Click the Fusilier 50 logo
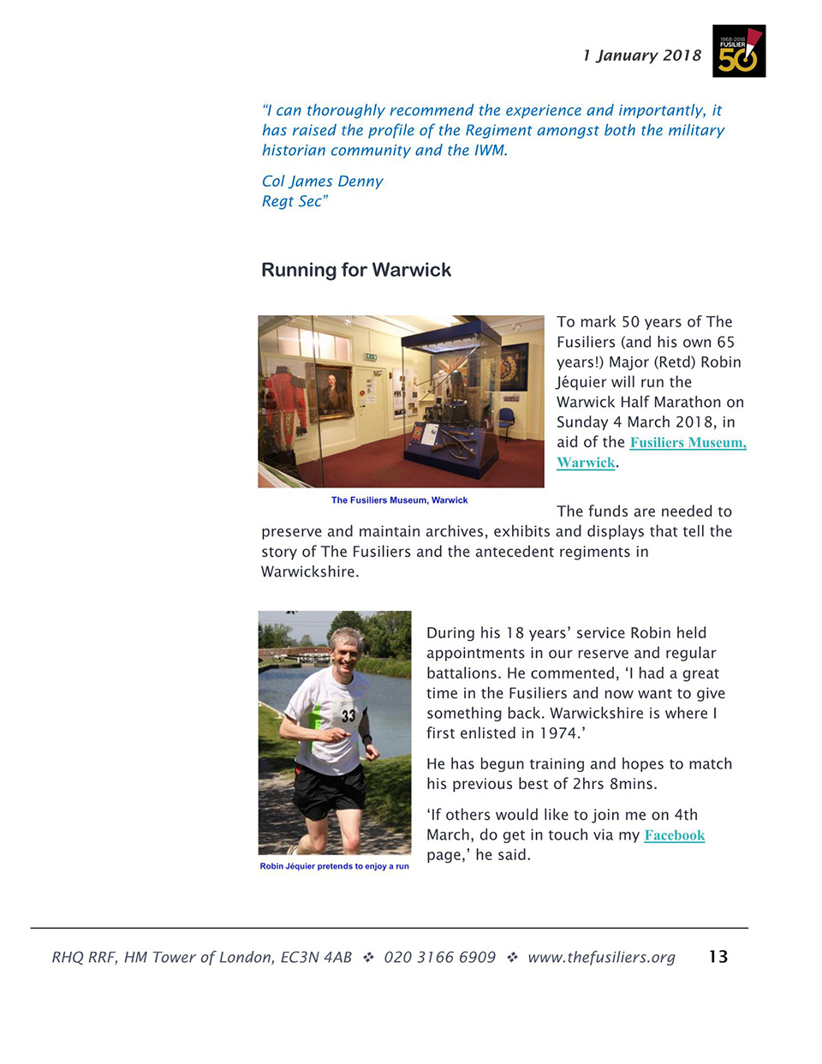point(738,51)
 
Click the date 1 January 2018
point(641,56)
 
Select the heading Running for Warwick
point(355,270)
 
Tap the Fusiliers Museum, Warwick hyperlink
point(687,443)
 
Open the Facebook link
point(674,835)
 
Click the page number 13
point(718,957)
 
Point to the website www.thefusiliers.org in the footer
point(601,957)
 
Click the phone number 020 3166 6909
point(439,957)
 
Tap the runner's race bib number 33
point(348,715)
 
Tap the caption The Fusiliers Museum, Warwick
point(399,500)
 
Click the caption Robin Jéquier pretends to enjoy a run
point(334,866)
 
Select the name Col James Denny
point(322,182)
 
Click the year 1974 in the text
point(558,733)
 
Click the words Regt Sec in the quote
point(292,201)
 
